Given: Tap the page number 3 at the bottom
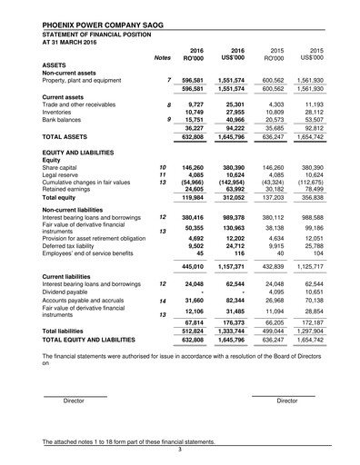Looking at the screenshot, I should coord(180,449).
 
